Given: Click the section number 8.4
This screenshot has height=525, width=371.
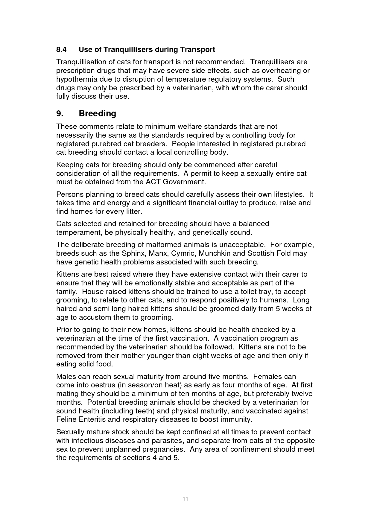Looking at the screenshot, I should [x=62, y=49].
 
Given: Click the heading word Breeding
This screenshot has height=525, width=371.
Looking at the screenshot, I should [x=97, y=114].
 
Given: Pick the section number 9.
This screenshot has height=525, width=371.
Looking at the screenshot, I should [x=60, y=114].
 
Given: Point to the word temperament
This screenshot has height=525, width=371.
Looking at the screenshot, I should [x=75, y=232].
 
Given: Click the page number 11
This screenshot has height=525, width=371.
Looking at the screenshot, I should [x=185, y=499].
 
